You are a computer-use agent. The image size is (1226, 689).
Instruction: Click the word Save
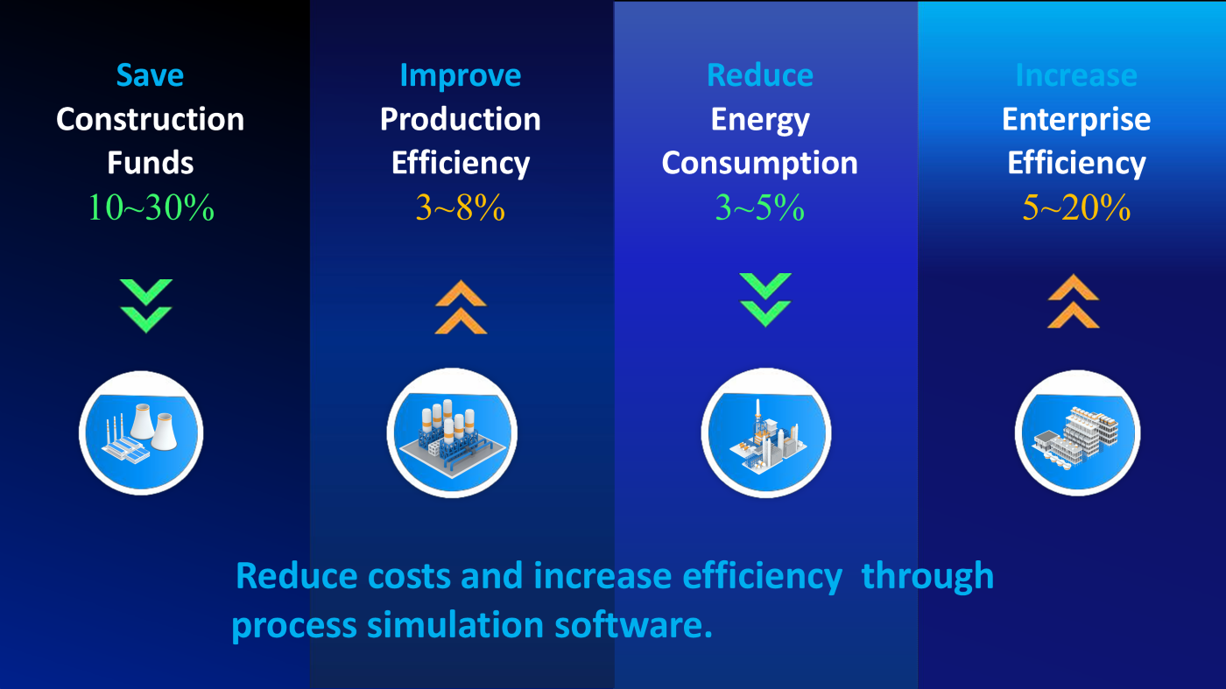(x=150, y=75)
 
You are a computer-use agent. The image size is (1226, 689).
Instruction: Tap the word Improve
(x=461, y=76)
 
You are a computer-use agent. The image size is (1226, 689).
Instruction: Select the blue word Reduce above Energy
(x=760, y=75)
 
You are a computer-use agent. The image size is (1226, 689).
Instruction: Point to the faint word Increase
(x=1076, y=75)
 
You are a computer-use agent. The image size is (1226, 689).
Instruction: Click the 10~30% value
(x=151, y=208)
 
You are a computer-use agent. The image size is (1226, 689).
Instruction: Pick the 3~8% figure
(x=461, y=208)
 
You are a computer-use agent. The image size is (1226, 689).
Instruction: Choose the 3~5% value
(x=760, y=208)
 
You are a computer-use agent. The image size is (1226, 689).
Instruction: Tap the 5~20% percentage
(x=1076, y=208)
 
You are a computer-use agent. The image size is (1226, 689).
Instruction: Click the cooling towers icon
(x=141, y=432)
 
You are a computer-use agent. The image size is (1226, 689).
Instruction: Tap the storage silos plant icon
(x=452, y=432)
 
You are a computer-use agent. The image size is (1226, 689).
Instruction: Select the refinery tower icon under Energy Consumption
(x=766, y=432)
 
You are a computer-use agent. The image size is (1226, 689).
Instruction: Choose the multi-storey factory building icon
(x=1078, y=432)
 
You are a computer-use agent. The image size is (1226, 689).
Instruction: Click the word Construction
(x=150, y=119)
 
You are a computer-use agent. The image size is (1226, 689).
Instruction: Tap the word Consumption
(x=760, y=164)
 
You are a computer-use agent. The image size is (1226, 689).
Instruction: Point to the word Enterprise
(x=1076, y=119)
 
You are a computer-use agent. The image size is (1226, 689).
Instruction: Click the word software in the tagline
(x=633, y=624)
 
